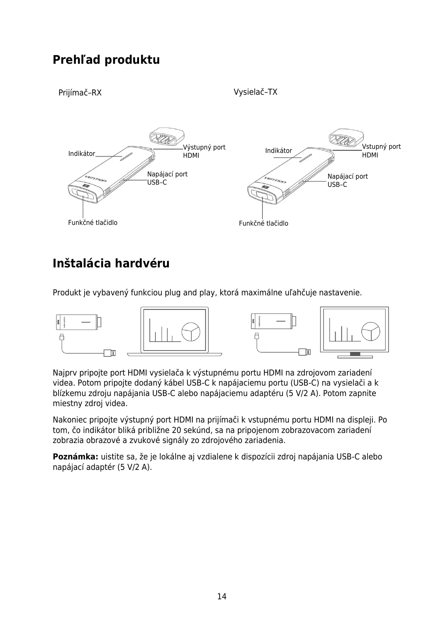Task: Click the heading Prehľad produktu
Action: [x=106, y=60]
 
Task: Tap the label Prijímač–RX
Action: [x=80, y=93]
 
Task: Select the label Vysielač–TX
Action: [x=255, y=92]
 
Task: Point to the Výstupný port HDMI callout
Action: [x=204, y=151]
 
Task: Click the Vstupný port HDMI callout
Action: [x=381, y=151]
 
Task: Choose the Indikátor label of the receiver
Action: [x=82, y=154]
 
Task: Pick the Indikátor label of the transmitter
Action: [x=278, y=151]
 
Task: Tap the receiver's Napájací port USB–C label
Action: [x=167, y=178]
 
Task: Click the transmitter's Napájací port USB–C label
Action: [x=347, y=180]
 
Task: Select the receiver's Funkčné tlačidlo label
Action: [x=92, y=223]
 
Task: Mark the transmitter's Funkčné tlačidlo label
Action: [x=263, y=223]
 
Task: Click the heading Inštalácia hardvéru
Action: [x=111, y=263]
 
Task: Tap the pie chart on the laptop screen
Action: [x=191, y=331]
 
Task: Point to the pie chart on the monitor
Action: [x=371, y=331]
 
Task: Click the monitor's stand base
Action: [x=355, y=357]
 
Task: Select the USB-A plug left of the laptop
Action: [x=110, y=352]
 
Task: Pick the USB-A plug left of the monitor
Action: [x=305, y=352]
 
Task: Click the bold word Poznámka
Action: [x=75, y=457]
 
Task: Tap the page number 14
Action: [x=222, y=596]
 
